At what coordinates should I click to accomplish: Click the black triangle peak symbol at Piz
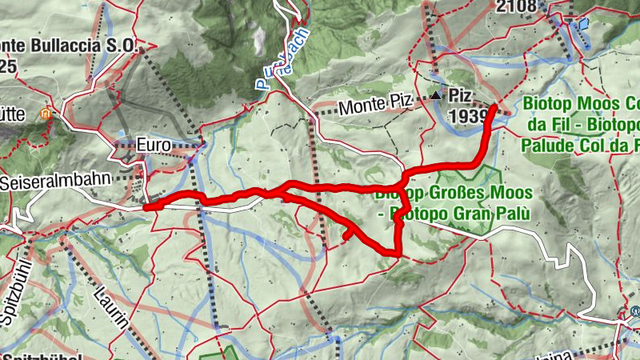click(x=435, y=96)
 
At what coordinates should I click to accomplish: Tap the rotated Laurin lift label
click(x=116, y=316)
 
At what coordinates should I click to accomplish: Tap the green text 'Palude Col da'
click(x=573, y=146)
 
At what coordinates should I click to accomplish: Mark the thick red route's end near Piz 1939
click(x=495, y=106)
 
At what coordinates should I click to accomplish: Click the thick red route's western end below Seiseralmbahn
click(x=147, y=207)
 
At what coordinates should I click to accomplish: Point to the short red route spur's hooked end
click(x=346, y=236)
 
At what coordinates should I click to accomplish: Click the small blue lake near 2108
click(x=583, y=24)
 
